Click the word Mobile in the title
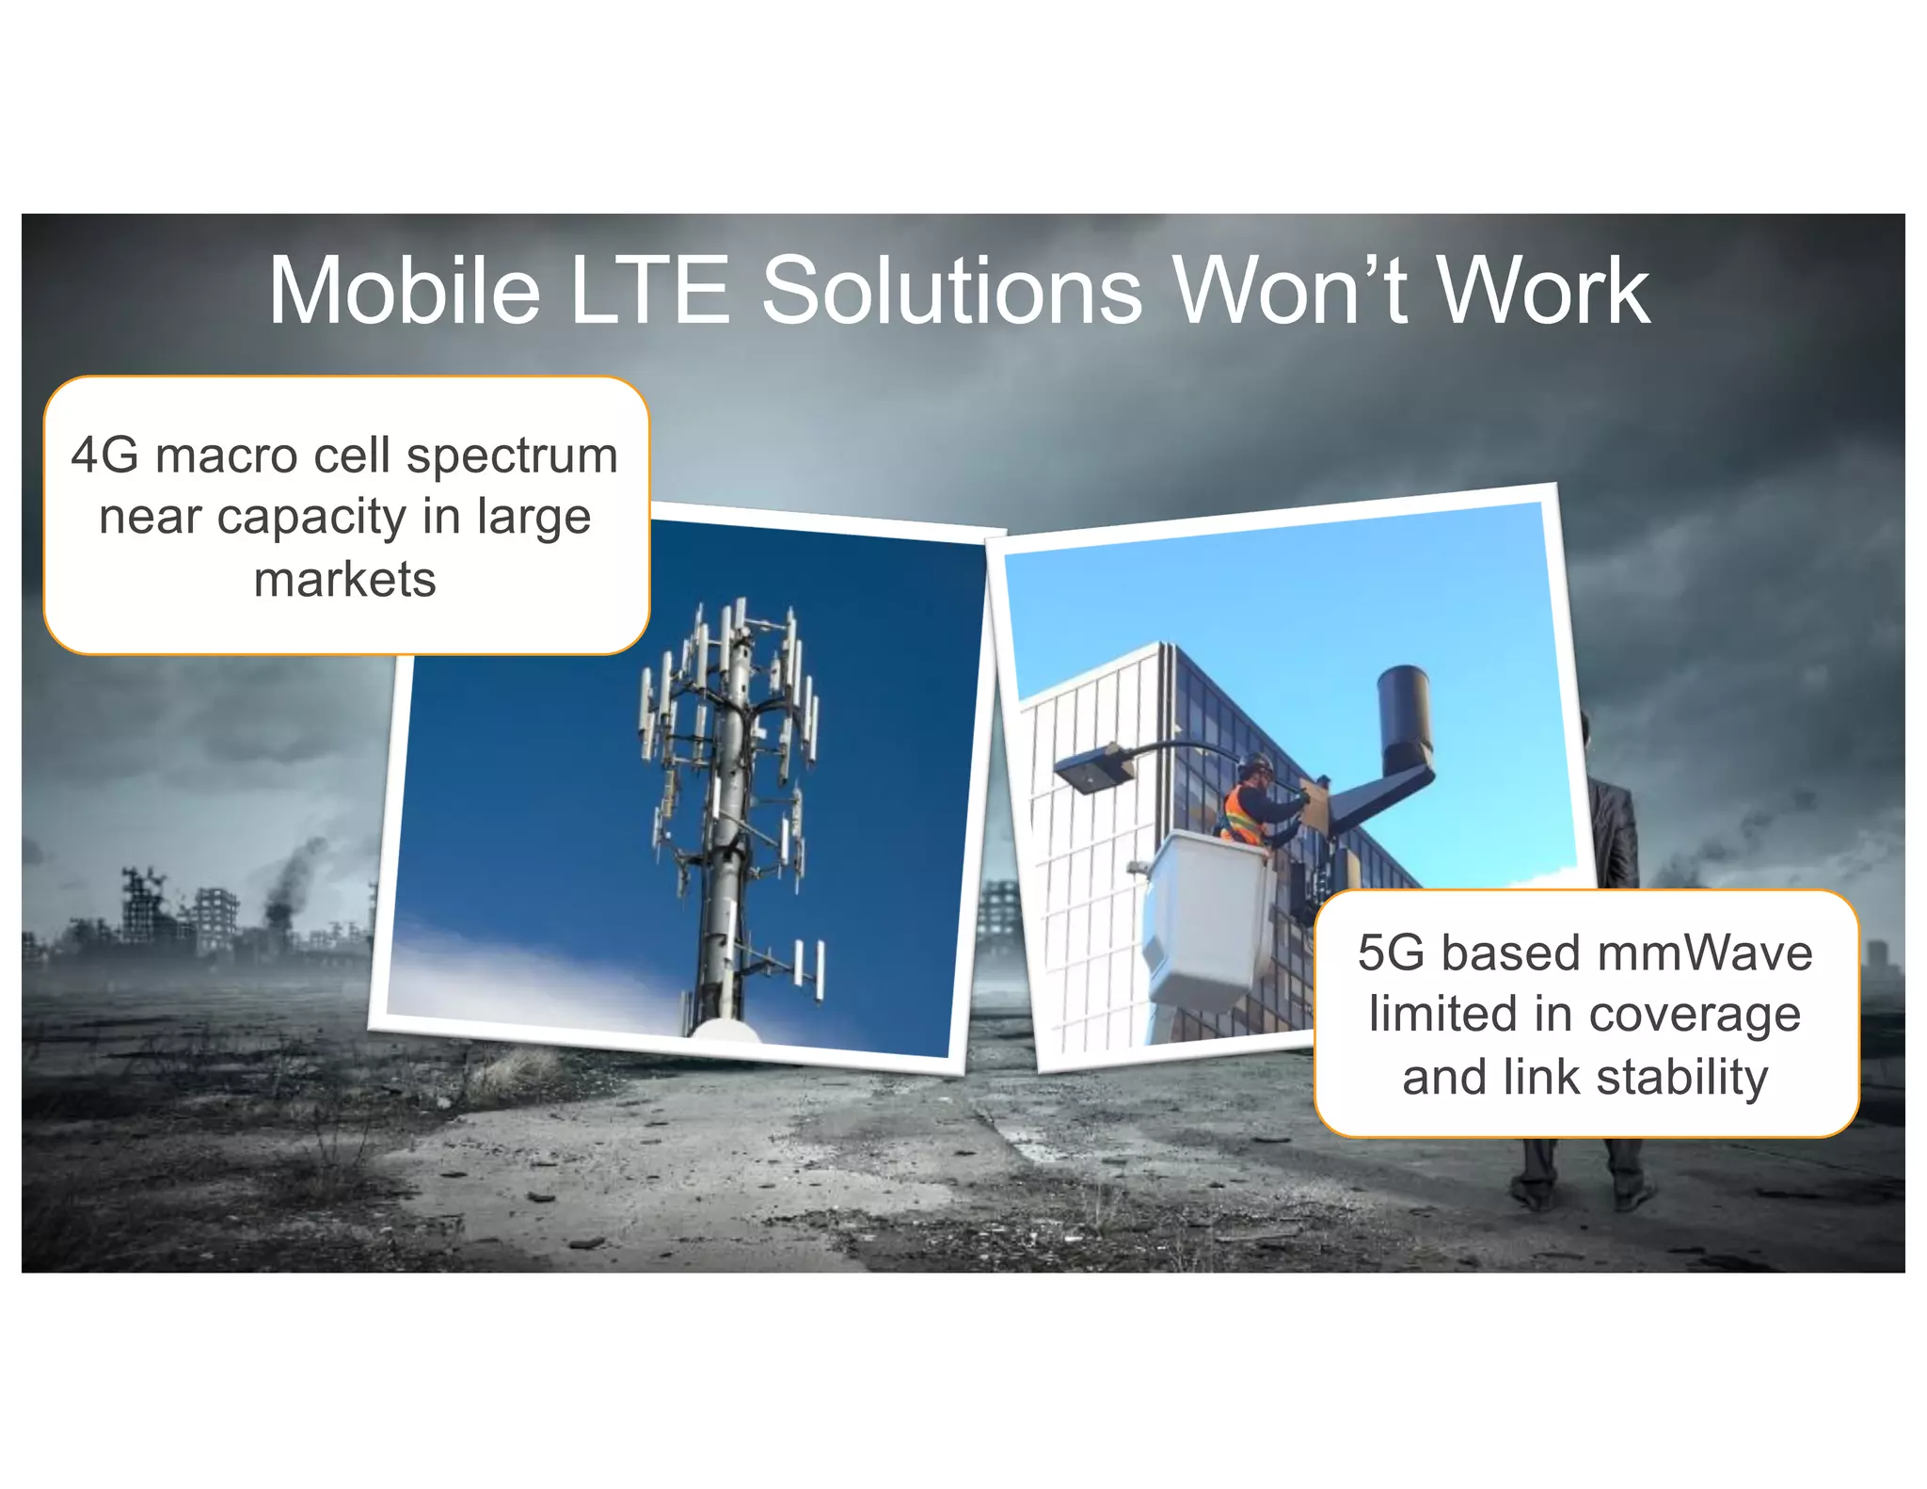point(405,291)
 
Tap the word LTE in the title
point(649,291)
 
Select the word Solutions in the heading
point(951,291)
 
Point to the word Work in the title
point(1543,291)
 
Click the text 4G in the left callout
point(104,456)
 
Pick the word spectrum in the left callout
point(512,457)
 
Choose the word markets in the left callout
point(345,579)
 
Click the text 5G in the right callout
point(1391,953)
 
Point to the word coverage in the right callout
point(1695,1015)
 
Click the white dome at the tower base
point(725,1030)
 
